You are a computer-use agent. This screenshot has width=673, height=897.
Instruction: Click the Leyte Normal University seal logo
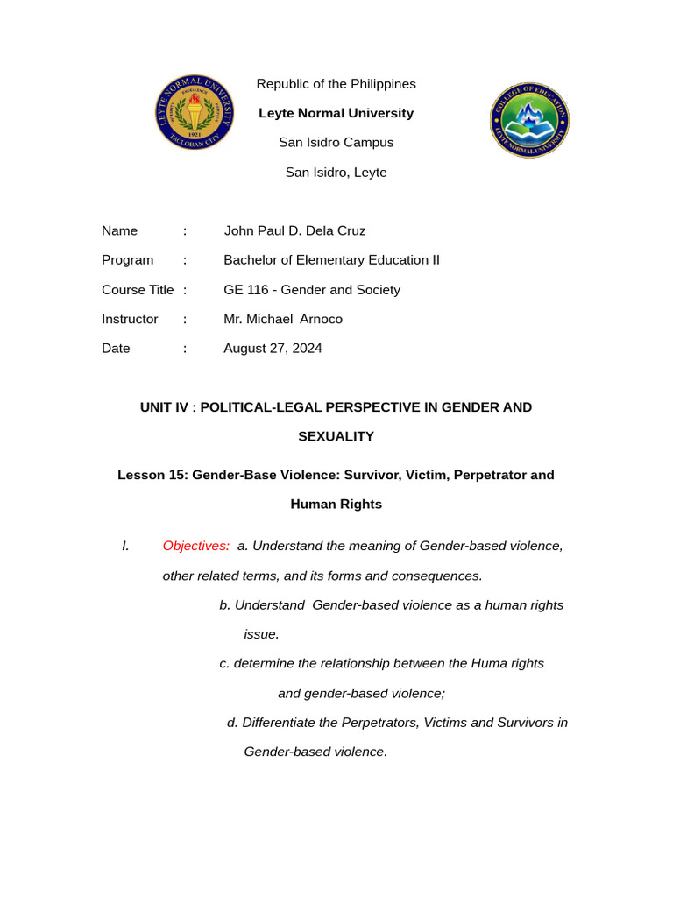[x=195, y=112]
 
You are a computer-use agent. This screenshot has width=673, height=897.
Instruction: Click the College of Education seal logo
[x=529, y=120]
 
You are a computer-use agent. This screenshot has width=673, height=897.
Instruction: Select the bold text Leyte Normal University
[x=336, y=113]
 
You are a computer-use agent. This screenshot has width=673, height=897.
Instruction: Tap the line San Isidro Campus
[x=336, y=143]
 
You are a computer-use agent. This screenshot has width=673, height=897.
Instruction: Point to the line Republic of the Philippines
[x=336, y=84]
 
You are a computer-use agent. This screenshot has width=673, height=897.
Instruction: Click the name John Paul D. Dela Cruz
[x=294, y=231]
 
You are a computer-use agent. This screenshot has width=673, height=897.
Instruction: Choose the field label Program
[x=127, y=260]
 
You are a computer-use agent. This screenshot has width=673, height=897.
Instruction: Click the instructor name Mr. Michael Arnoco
[x=283, y=319]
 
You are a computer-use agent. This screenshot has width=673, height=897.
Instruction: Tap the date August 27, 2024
[x=273, y=349]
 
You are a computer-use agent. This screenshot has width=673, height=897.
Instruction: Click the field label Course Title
[x=138, y=290]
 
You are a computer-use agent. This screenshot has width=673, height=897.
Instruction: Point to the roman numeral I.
[x=125, y=546]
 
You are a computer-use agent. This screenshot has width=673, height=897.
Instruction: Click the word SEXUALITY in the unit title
[x=336, y=436]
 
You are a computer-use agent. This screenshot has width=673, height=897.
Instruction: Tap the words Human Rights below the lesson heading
[x=336, y=505]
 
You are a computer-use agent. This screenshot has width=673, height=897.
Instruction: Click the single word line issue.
[x=261, y=634]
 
